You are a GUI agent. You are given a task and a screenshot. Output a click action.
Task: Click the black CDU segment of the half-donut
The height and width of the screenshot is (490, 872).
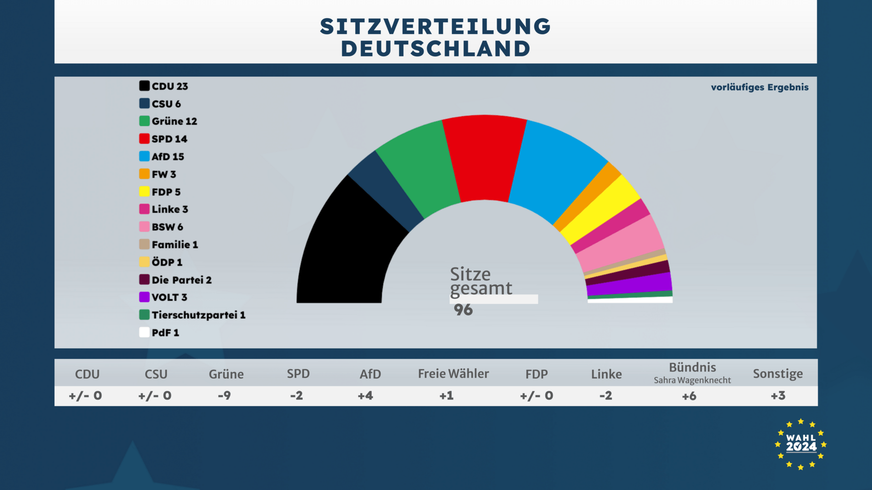(345, 254)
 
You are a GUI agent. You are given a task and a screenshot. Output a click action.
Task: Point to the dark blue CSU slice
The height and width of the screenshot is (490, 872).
(386, 191)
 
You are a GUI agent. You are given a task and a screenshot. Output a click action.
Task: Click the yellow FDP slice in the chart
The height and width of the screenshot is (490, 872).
(599, 209)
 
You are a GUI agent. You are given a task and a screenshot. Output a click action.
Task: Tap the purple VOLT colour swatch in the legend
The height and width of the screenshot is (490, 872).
(144, 297)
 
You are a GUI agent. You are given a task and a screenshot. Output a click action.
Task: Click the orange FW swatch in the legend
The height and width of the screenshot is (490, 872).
(144, 174)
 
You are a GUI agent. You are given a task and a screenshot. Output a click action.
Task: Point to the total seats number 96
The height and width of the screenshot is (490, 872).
(463, 310)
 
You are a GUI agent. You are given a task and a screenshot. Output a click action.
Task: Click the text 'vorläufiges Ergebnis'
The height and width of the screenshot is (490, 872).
(759, 87)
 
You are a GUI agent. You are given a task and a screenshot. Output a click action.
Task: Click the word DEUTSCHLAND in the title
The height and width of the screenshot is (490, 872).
(436, 49)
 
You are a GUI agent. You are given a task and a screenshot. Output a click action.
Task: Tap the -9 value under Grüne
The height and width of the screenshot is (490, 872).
(224, 396)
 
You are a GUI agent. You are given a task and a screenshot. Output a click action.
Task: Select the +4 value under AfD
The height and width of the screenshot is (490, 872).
(366, 396)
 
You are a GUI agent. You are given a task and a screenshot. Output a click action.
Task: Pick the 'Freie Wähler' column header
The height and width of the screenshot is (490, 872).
(453, 374)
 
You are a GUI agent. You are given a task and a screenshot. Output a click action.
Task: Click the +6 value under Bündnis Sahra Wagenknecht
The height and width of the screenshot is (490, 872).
(689, 396)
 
